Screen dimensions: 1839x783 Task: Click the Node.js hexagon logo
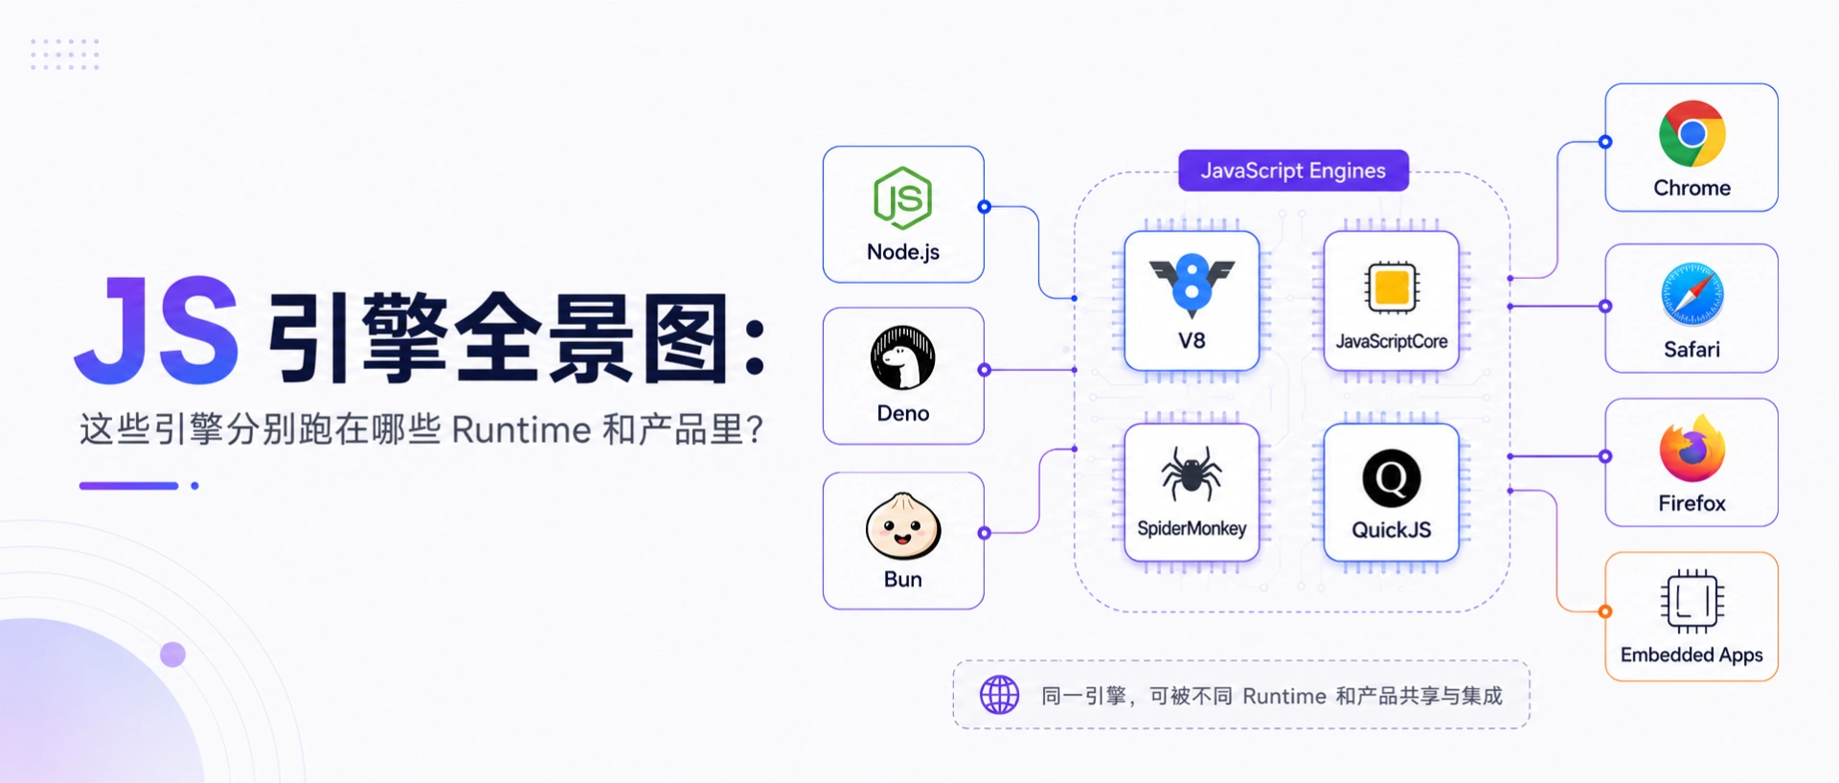tap(902, 198)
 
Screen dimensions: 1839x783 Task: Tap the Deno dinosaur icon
tap(902, 357)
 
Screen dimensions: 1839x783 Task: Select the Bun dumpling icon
tap(903, 525)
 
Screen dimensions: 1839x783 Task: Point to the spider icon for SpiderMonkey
tap(1192, 473)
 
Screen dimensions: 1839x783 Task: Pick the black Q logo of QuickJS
tap(1391, 478)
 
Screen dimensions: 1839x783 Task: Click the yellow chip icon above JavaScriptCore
tap(1392, 287)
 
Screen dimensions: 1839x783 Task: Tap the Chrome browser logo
tap(1692, 133)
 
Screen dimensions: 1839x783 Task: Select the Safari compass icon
tap(1692, 294)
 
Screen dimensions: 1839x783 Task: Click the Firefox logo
tap(1692, 449)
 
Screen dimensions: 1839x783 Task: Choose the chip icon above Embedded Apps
tap(1692, 602)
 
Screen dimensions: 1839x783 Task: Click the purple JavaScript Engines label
tap(1293, 171)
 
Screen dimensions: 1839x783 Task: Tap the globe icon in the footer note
tap(999, 695)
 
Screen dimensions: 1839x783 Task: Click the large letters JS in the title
tap(156, 331)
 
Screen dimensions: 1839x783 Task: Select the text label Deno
tap(903, 413)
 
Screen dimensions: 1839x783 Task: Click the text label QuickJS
tap(1391, 530)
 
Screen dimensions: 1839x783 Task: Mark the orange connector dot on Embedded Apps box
tap(1605, 611)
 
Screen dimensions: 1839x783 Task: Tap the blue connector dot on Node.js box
tap(984, 206)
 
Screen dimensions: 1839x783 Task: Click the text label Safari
tap(1692, 350)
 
